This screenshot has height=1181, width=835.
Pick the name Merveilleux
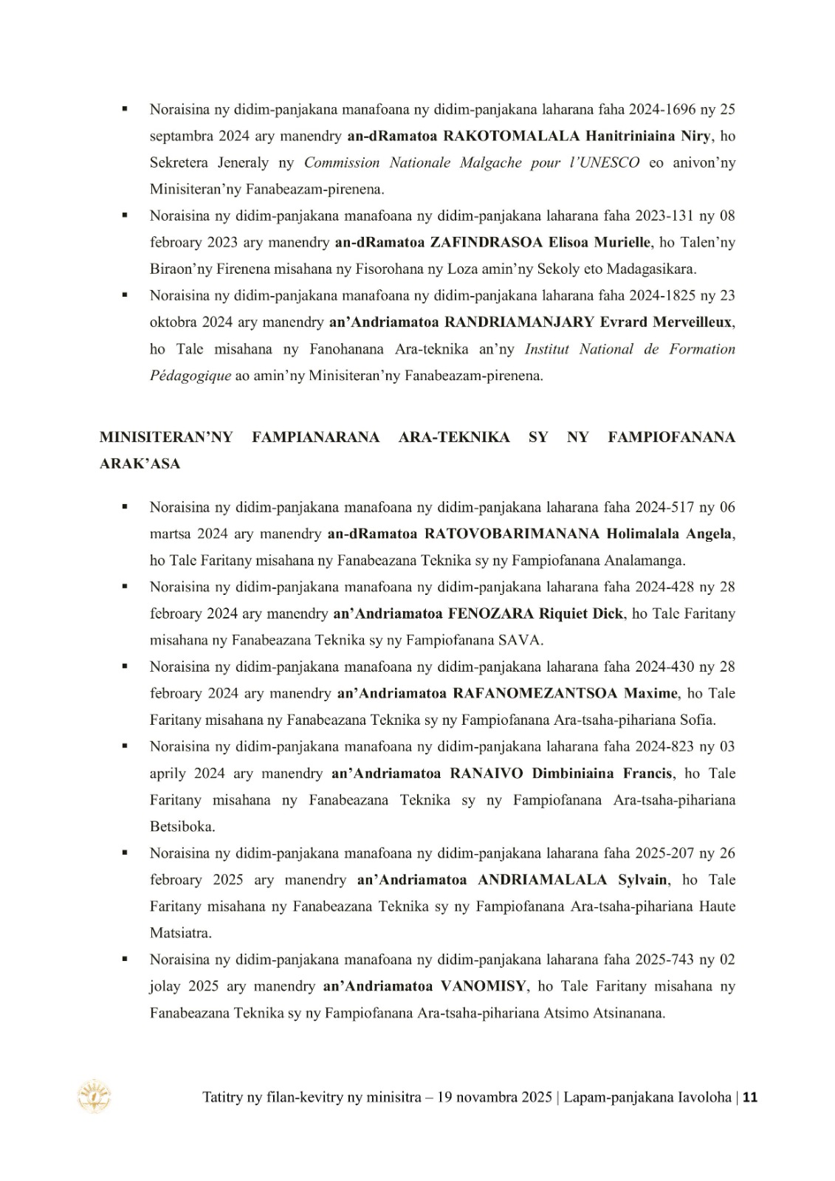pos(695,323)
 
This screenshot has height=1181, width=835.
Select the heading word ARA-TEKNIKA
pos(453,437)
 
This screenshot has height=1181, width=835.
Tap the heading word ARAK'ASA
pos(140,464)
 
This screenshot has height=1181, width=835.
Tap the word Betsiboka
pos(182,826)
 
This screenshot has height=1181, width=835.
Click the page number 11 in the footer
pos(750,1098)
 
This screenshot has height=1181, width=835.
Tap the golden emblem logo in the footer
pos(95,1096)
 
